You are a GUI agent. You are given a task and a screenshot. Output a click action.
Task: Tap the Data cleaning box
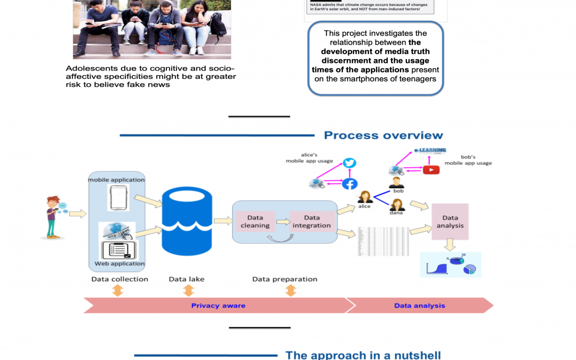(255, 221)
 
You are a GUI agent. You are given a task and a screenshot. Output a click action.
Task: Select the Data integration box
(311, 221)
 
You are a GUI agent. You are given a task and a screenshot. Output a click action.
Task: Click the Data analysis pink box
(450, 221)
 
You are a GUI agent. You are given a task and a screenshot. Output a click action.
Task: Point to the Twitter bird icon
(349, 163)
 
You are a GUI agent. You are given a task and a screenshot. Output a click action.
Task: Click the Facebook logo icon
(349, 183)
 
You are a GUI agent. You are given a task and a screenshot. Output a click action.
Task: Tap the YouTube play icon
(431, 170)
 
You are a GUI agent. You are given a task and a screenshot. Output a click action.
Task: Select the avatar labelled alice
(365, 197)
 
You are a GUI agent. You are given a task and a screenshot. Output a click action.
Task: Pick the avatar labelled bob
(396, 182)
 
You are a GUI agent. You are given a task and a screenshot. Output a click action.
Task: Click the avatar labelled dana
(396, 205)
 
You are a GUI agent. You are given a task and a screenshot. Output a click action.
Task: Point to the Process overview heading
(383, 135)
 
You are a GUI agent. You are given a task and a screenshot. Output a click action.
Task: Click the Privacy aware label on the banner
(218, 306)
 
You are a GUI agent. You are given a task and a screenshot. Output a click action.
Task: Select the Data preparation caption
(285, 279)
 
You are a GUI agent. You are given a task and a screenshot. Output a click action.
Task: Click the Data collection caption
(119, 279)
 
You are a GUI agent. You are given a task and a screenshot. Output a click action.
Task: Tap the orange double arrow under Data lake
(188, 291)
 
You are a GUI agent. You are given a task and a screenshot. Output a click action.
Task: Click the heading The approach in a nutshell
(363, 355)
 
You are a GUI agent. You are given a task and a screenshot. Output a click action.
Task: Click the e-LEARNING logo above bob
(430, 151)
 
